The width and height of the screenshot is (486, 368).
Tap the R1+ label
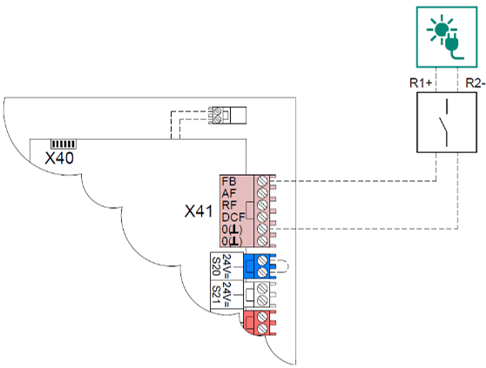pyautogui.click(x=422, y=84)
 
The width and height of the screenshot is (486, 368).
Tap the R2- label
pyautogui.click(x=474, y=84)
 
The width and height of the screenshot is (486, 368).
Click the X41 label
pyautogui.click(x=200, y=211)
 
